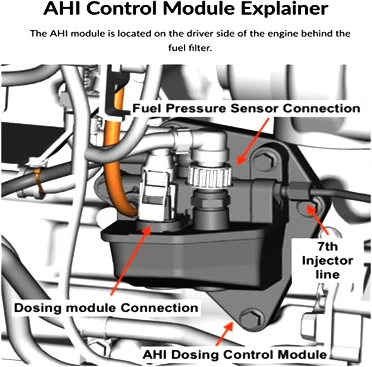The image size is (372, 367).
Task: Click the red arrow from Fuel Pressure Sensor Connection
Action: pyautogui.click(x=253, y=140)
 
